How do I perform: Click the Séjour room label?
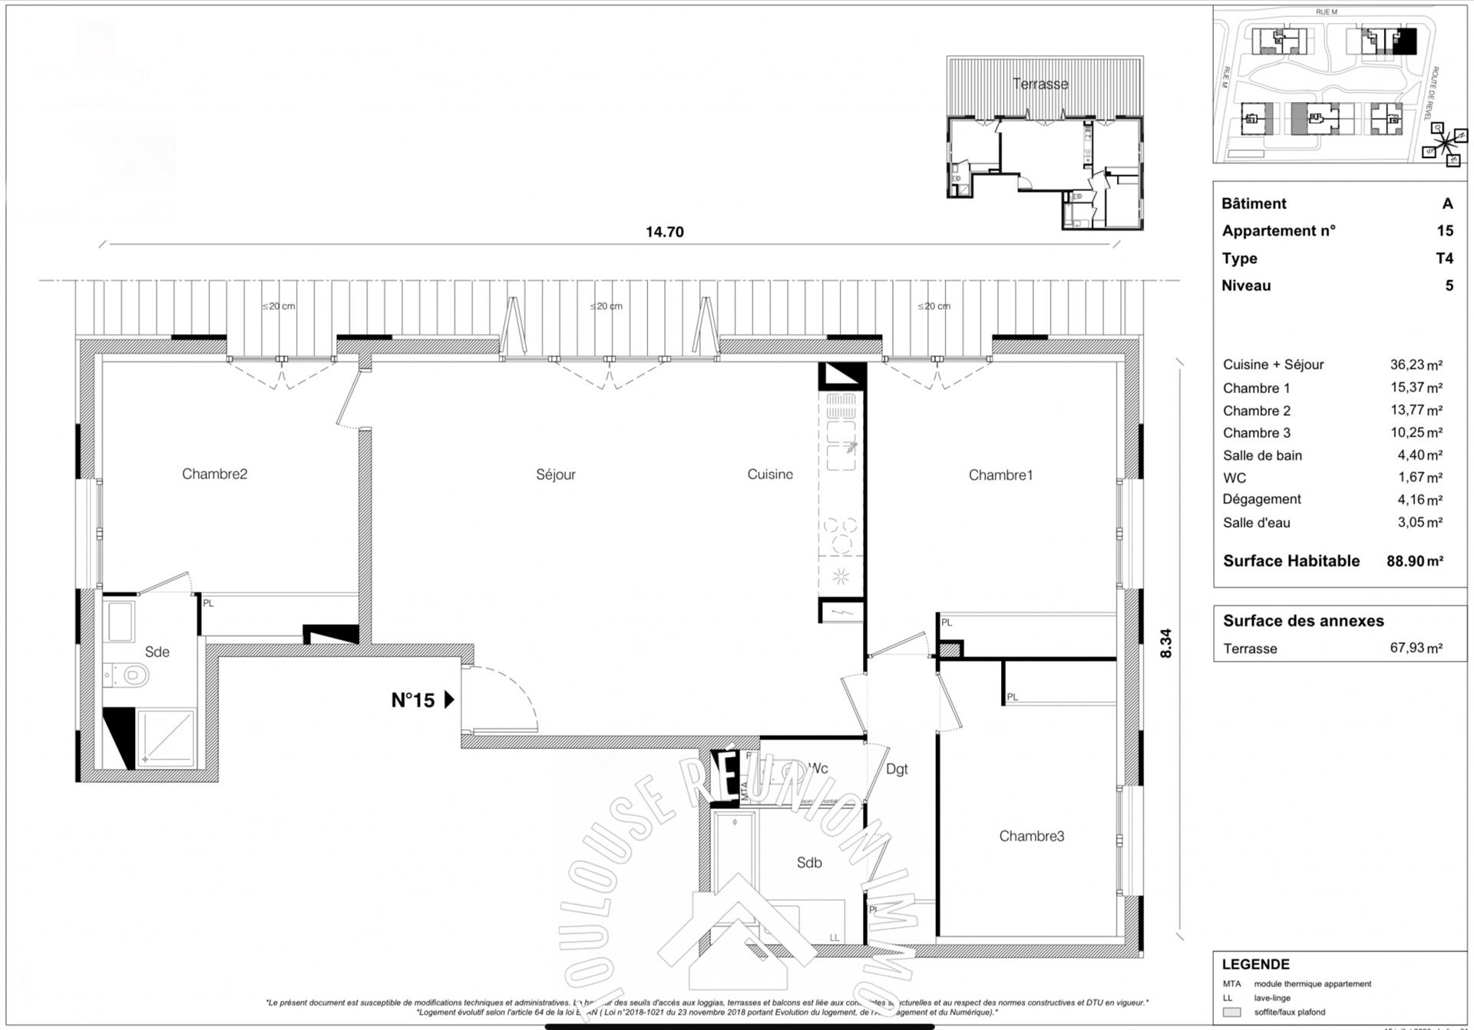(555, 474)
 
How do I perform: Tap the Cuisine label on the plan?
(769, 474)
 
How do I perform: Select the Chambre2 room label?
(214, 474)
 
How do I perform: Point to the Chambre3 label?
(1031, 836)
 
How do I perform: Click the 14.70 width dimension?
(664, 232)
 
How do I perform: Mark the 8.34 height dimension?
(1166, 643)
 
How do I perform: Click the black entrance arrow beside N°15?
(450, 699)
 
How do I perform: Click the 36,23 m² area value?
(1416, 365)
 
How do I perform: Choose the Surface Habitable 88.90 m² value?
(1414, 561)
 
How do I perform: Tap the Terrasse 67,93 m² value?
(1416, 648)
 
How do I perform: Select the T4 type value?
(1444, 258)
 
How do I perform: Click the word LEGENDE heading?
(1255, 964)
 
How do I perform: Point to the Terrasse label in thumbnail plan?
(1039, 84)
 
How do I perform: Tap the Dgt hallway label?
(897, 769)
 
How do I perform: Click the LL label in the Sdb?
(834, 937)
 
